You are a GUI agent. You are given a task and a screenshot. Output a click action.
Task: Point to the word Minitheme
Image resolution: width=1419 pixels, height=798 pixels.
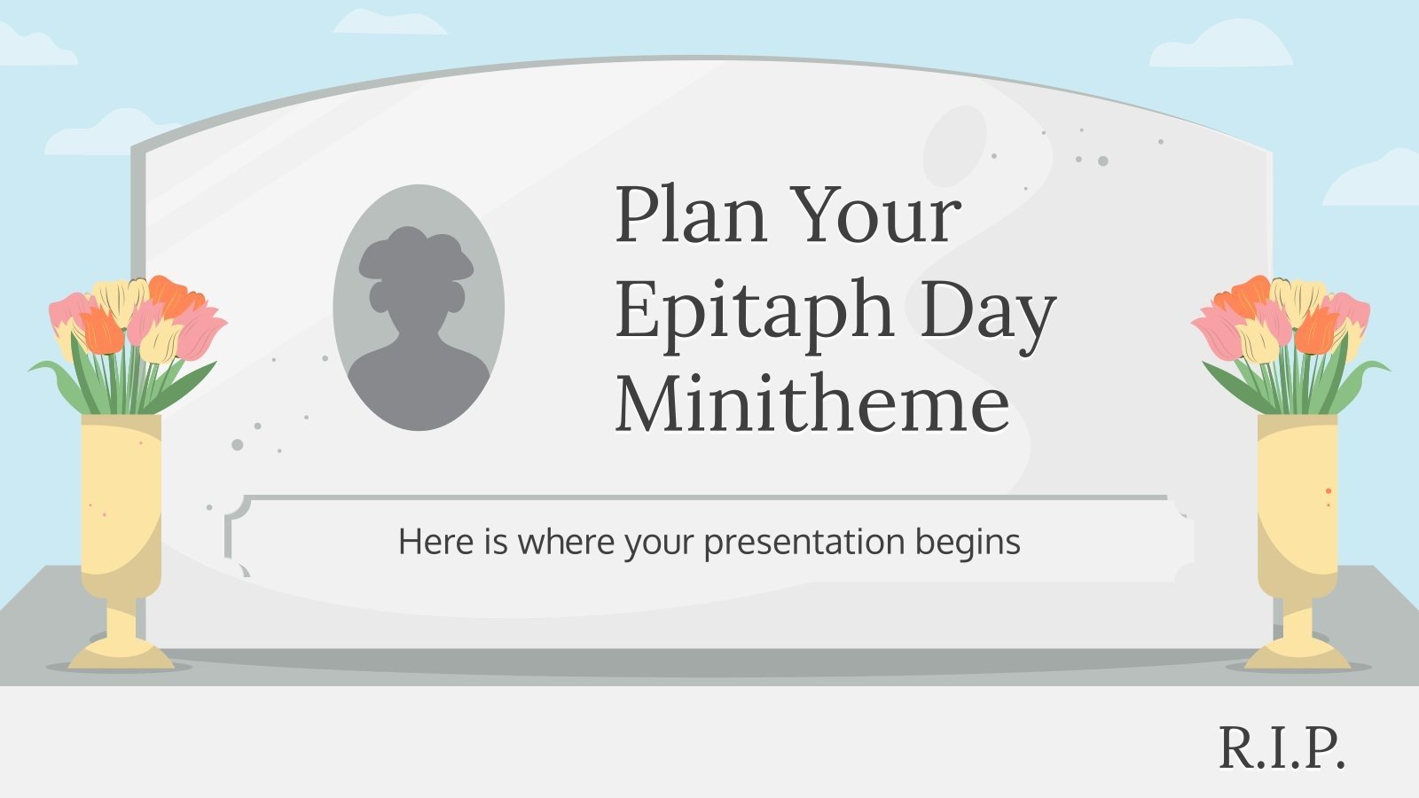point(812,404)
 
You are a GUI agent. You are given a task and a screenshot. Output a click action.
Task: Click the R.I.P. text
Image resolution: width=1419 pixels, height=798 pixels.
point(1282,749)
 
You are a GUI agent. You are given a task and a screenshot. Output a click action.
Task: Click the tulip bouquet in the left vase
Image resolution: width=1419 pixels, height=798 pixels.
point(129,337)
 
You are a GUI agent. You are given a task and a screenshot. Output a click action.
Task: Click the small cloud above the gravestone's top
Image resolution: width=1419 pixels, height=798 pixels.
point(390,22)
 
